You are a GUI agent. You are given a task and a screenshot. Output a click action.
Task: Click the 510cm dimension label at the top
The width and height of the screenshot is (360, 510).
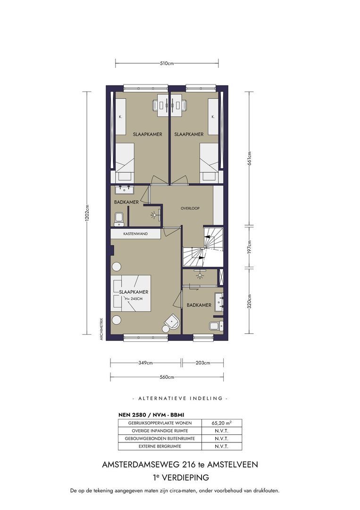(167, 63)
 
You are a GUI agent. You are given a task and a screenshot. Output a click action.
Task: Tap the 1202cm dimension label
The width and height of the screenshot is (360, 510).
(87, 213)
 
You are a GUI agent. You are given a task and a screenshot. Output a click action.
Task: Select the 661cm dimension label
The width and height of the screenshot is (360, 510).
(249, 159)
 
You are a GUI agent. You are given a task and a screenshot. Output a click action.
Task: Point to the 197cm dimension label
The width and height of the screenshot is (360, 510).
(249, 247)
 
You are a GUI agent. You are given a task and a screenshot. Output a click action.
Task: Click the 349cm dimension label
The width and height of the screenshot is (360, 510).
(146, 363)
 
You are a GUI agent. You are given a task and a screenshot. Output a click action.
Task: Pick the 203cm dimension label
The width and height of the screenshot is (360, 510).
(203, 363)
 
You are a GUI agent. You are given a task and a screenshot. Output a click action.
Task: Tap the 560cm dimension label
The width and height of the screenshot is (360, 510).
(167, 377)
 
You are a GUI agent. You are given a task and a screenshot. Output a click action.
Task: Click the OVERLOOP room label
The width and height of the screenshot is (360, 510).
(190, 208)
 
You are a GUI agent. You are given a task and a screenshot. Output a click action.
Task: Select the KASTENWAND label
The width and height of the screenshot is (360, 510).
(135, 234)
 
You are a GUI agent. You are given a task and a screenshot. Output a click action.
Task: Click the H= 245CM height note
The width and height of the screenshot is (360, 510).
(134, 299)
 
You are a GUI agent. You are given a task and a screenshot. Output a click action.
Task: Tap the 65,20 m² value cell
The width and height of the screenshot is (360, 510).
(222, 423)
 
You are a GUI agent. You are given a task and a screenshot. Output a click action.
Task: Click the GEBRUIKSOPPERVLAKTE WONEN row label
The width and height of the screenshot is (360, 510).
(160, 423)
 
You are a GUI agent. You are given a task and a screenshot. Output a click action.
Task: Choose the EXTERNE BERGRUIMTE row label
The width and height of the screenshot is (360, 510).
(160, 446)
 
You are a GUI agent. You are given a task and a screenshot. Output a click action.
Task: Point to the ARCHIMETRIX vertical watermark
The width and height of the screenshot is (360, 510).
(101, 329)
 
